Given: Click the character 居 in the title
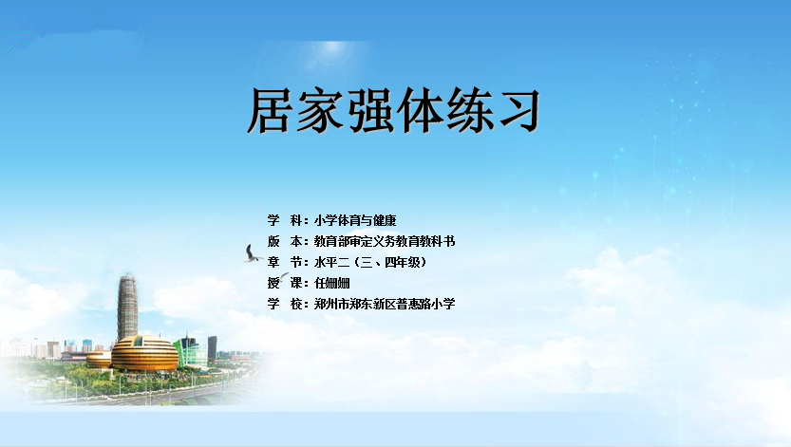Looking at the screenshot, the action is point(270,110).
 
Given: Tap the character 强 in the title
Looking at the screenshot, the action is point(369,110).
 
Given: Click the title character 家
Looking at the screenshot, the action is point(320,110).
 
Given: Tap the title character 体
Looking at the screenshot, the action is point(420,110).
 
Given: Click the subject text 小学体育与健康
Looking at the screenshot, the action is point(355,220).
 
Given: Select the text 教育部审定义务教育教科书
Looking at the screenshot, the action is point(385,241).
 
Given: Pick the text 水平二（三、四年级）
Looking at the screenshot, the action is point(370,262).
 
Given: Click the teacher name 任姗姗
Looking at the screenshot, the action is point(332,283).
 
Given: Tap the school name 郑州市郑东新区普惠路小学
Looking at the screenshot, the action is point(385,304).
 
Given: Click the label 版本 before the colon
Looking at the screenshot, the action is point(285,241).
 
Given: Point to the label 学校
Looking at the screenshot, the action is point(285,304).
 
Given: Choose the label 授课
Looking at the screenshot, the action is point(285,283).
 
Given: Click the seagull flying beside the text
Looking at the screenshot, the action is point(253,254).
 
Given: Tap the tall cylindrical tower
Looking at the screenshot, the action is point(127,307).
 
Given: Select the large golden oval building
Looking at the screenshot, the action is point(144,353).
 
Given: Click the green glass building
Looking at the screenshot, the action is point(190,352).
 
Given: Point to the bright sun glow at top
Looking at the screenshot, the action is point(332,48).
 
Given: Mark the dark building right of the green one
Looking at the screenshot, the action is point(213,347).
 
